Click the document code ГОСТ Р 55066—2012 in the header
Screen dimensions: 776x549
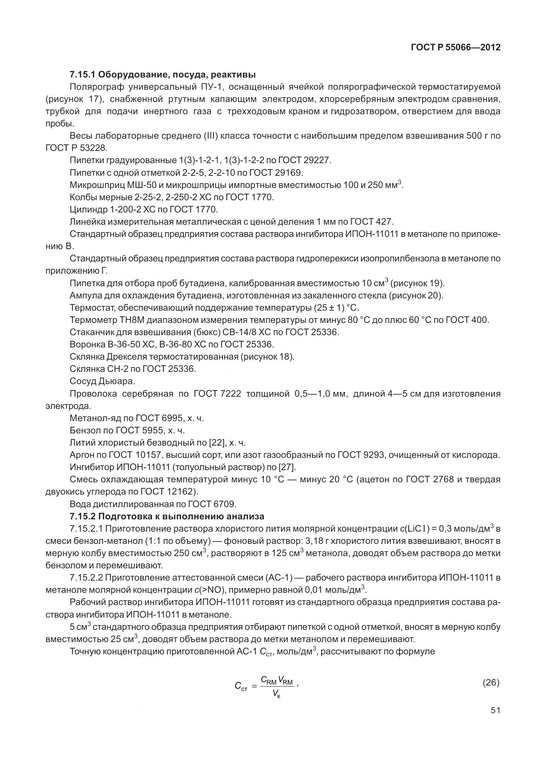click(455, 48)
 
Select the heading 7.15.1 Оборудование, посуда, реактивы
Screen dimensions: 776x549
click(163, 74)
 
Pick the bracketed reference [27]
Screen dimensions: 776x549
click(287, 467)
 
